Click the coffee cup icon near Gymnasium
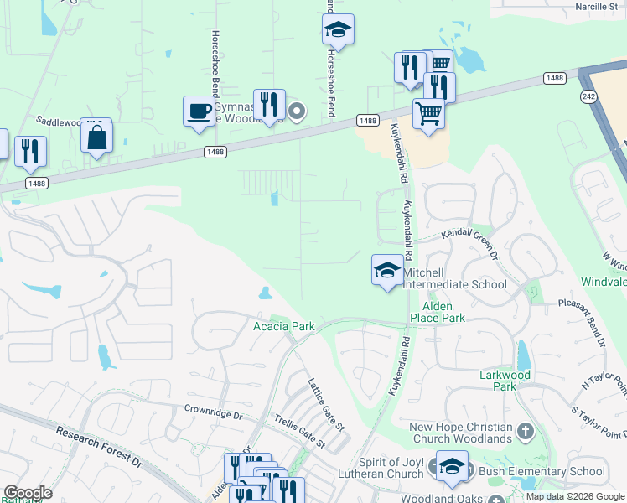tap(199, 111)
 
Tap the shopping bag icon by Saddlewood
tap(97, 137)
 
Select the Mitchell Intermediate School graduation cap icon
tap(386, 270)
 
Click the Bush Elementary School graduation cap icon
tap(452, 466)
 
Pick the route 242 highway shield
tap(589, 96)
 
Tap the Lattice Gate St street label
tap(325, 402)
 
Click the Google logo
tap(28, 493)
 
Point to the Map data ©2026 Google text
tap(575, 496)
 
